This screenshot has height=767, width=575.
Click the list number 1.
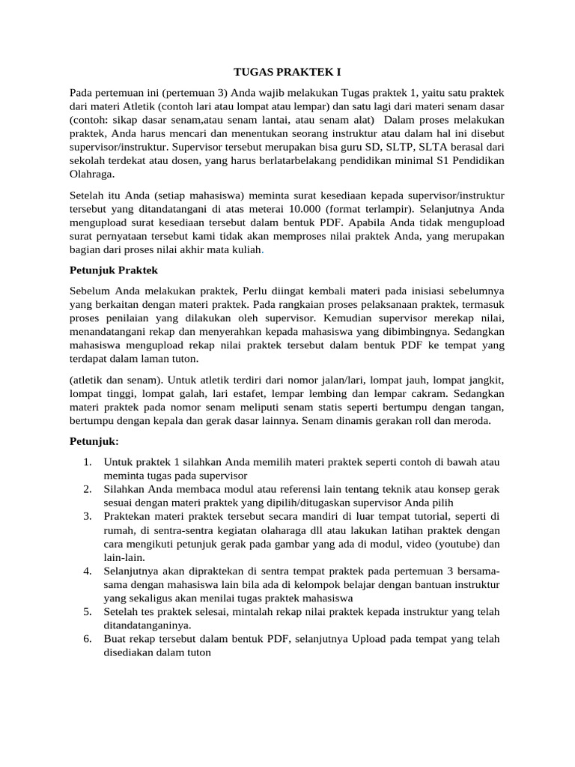click(88, 462)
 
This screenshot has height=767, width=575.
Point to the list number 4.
click(88, 571)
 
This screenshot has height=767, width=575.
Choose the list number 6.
click(88, 638)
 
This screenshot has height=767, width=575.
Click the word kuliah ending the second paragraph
click(246, 250)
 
